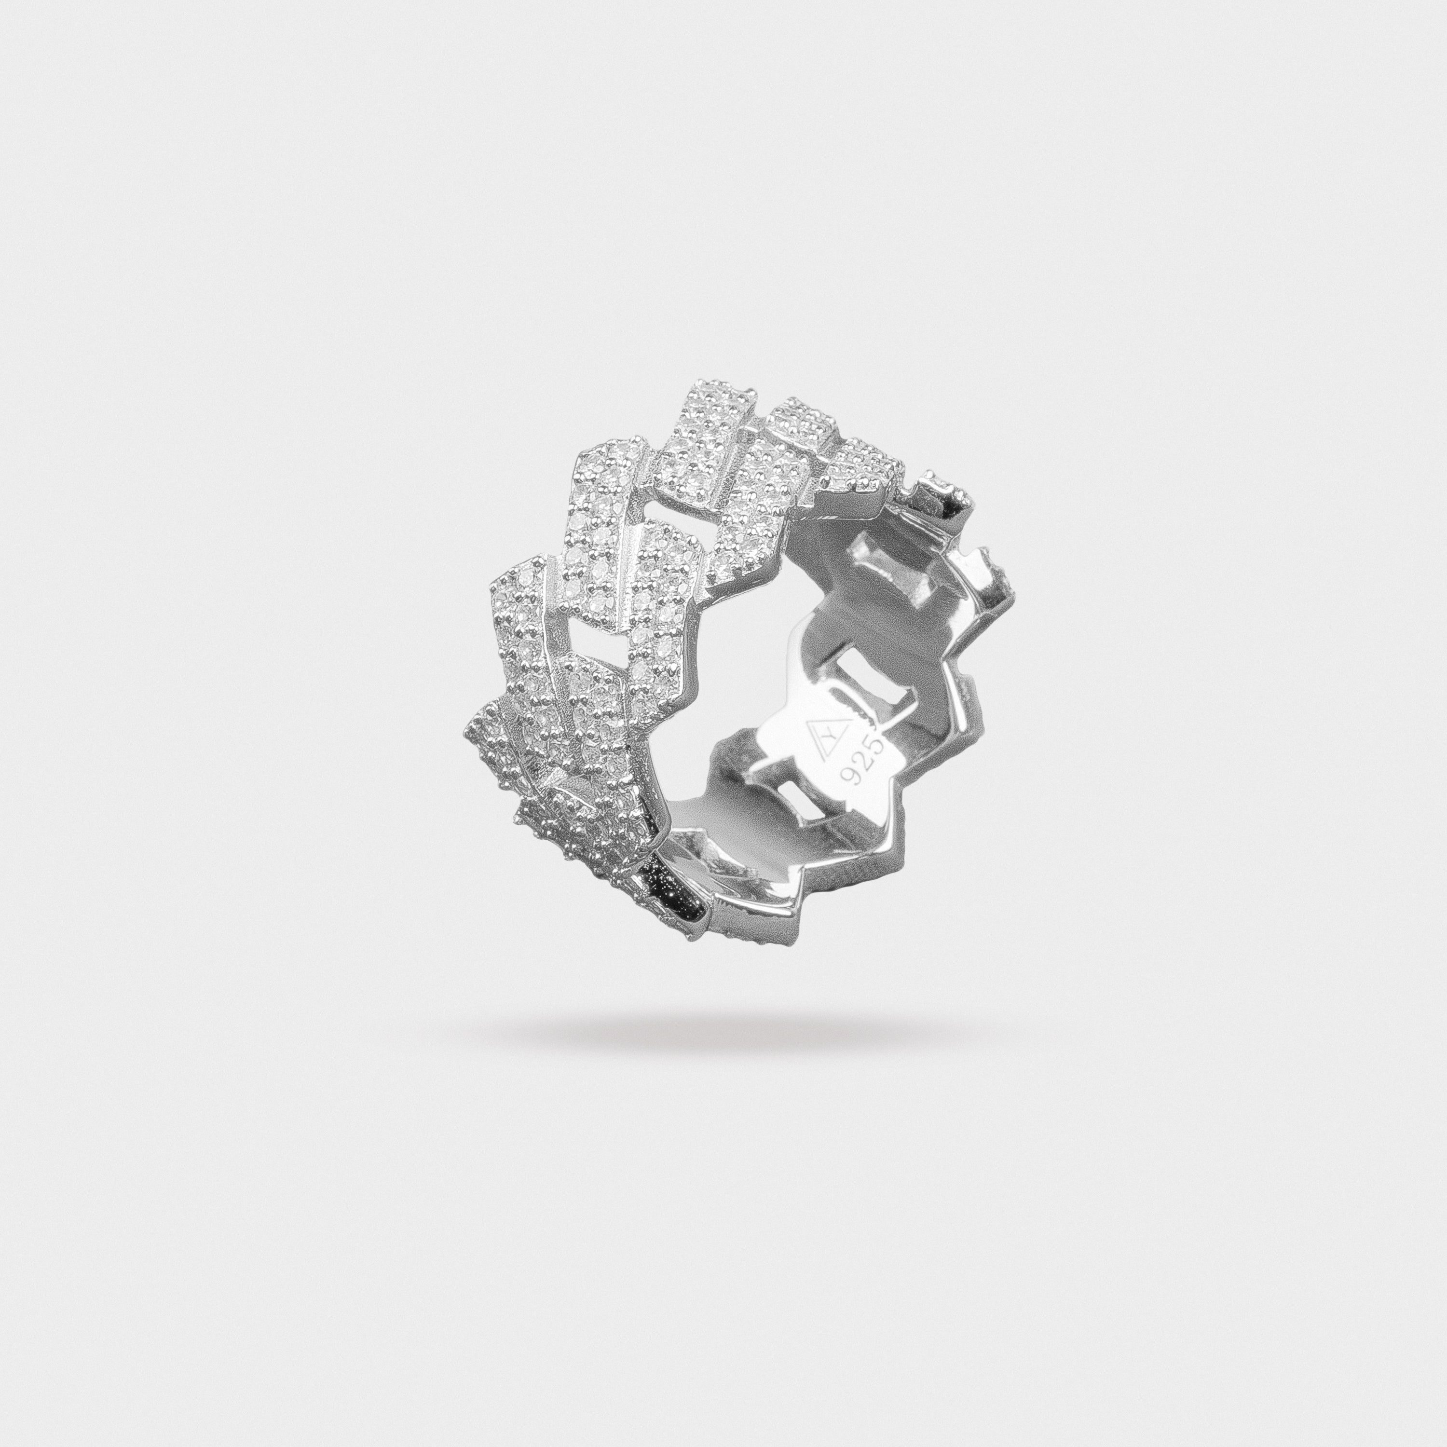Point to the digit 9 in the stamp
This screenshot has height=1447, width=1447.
[x=849, y=789]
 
